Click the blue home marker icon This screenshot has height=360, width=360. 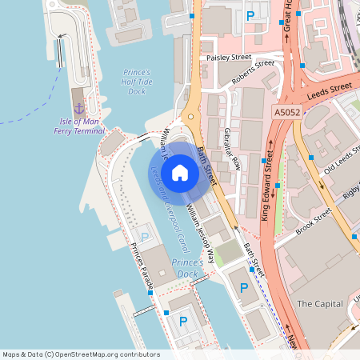180,172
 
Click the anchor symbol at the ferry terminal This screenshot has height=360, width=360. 78,107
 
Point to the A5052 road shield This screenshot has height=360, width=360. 286,113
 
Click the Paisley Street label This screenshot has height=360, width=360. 228,58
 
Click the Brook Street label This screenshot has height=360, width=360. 313,222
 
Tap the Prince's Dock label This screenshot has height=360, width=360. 186,268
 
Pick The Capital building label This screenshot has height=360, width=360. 319,304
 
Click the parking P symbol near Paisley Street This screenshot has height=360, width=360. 250,15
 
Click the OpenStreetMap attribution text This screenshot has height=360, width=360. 81,354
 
